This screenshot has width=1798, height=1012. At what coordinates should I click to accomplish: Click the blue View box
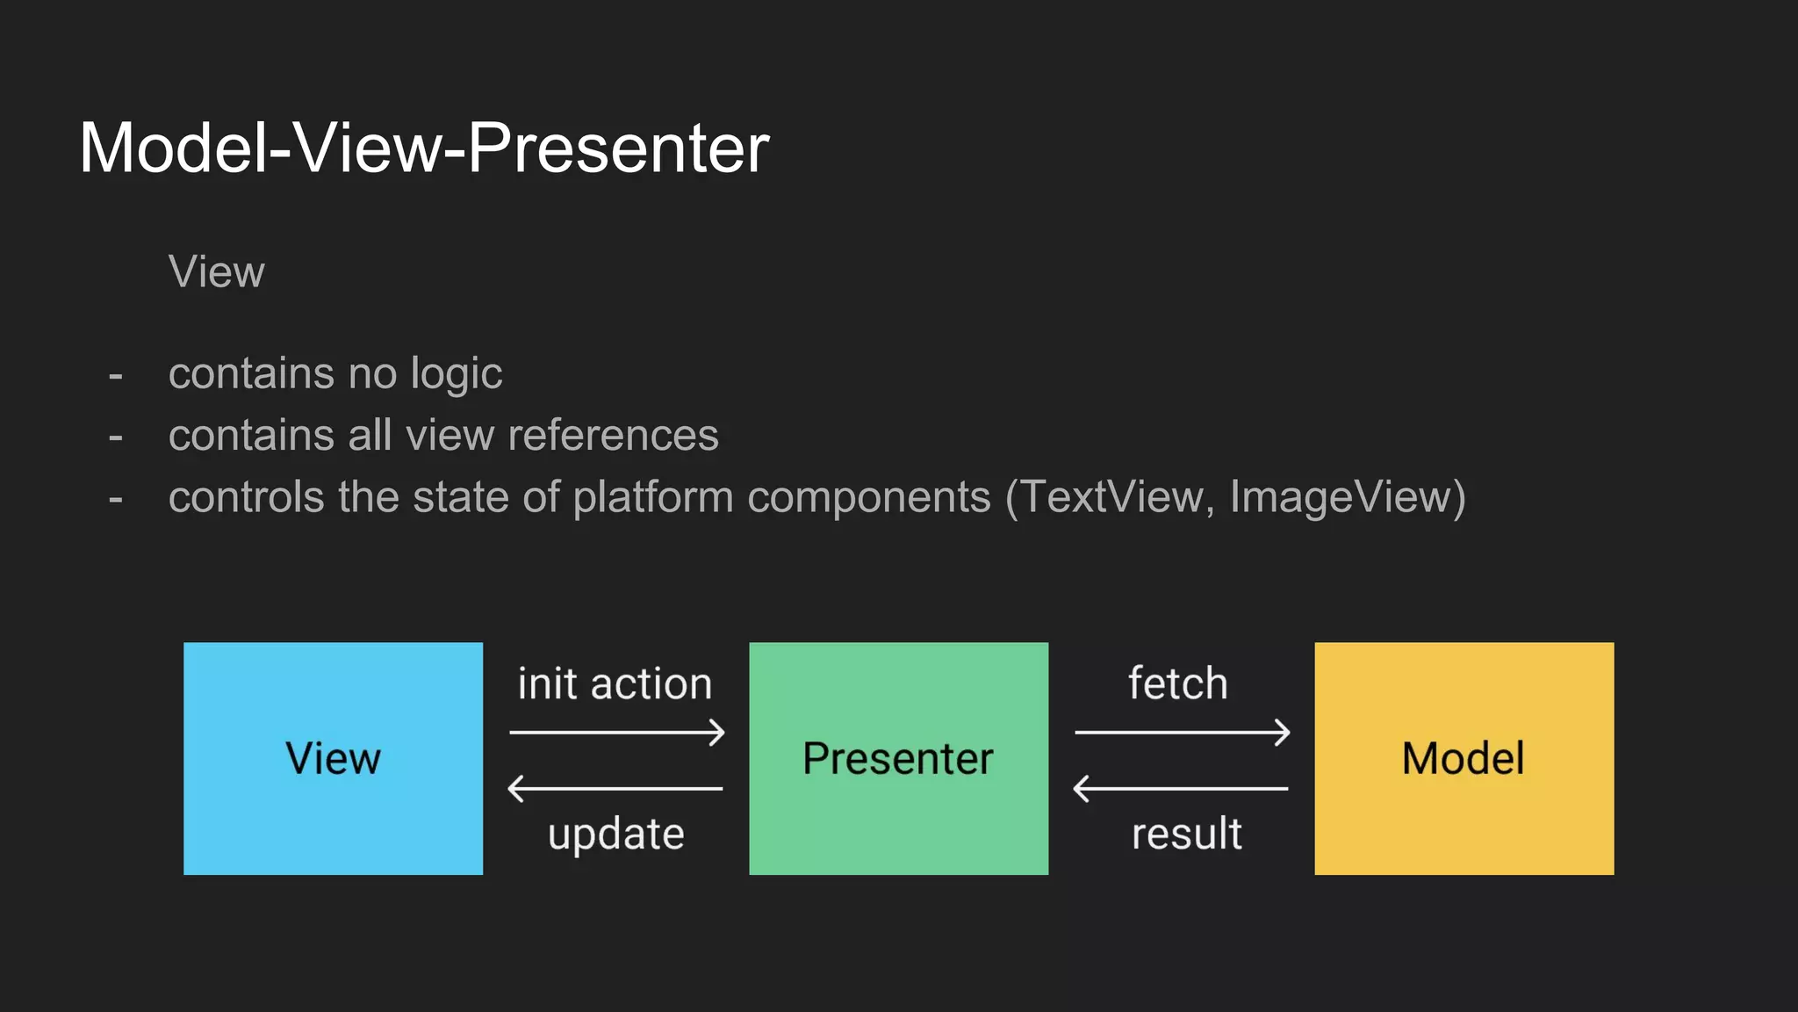(333, 758)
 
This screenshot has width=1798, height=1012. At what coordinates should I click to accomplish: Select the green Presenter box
(898, 758)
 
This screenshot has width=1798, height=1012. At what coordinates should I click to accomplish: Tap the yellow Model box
(1464, 758)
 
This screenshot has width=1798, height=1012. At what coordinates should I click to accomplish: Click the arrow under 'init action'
(617, 732)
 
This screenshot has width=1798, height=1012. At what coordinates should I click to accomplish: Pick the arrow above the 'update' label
(615, 788)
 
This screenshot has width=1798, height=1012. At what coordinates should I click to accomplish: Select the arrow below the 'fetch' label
(1183, 732)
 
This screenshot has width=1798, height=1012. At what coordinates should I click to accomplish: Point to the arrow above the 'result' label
(1181, 788)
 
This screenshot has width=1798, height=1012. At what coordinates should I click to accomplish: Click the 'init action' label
(615, 683)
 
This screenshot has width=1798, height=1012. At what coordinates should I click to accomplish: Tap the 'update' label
(615, 834)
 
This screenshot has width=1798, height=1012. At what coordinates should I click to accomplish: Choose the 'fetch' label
(1177, 683)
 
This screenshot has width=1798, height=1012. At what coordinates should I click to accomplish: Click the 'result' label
(1186, 834)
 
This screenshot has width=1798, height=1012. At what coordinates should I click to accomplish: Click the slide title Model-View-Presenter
(424, 148)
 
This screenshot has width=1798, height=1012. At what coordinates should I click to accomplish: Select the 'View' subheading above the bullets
(216, 271)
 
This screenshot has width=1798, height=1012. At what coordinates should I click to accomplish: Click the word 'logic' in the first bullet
(457, 374)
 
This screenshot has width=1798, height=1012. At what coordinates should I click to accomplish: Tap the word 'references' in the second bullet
(613, 436)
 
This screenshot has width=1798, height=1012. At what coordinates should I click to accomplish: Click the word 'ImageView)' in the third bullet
(1348, 497)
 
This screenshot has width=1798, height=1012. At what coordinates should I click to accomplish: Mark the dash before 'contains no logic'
(116, 376)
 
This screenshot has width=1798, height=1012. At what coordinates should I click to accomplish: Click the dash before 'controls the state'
(116, 499)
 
